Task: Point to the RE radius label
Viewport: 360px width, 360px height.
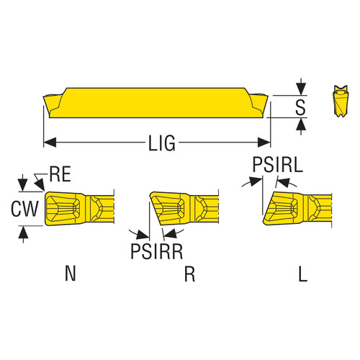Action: pyautogui.click(x=60, y=173)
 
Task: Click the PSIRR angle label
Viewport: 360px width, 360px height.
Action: pyautogui.click(x=155, y=252)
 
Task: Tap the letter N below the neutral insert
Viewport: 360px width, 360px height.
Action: pyautogui.click(x=69, y=274)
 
